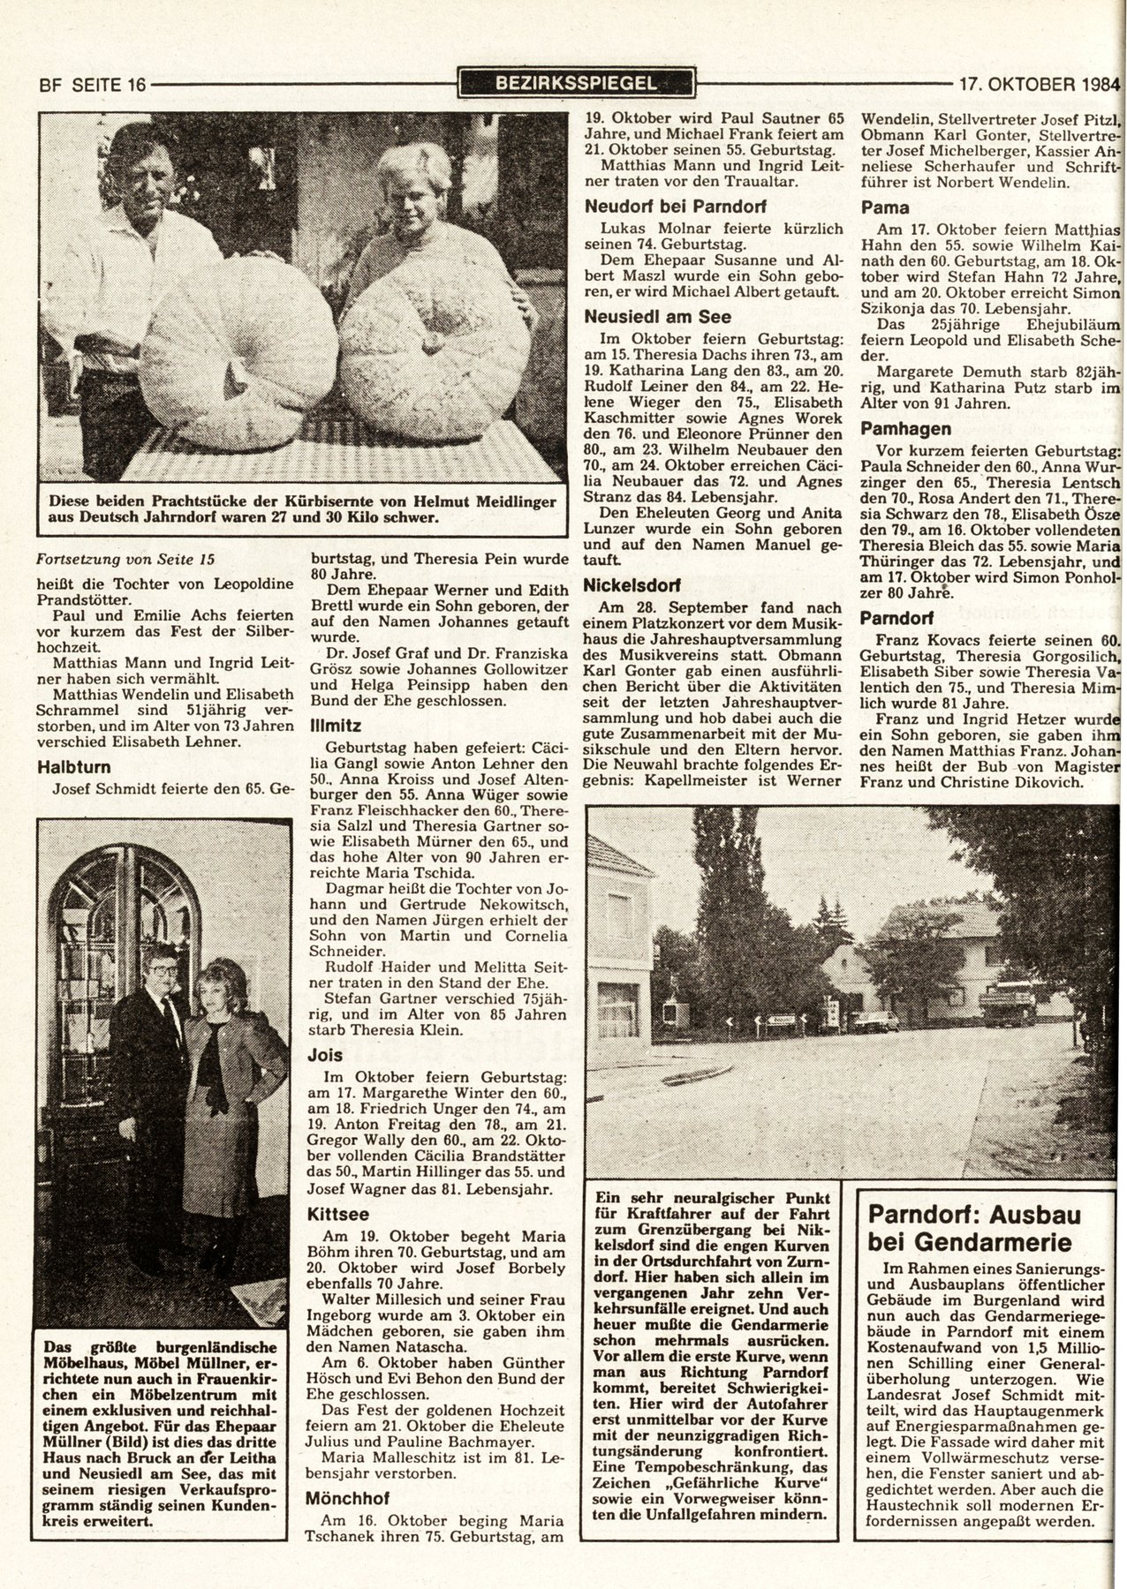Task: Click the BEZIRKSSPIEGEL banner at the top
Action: coord(576,84)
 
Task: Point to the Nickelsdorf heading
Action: coord(635,584)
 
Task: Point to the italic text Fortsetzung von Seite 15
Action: coord(125,558)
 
